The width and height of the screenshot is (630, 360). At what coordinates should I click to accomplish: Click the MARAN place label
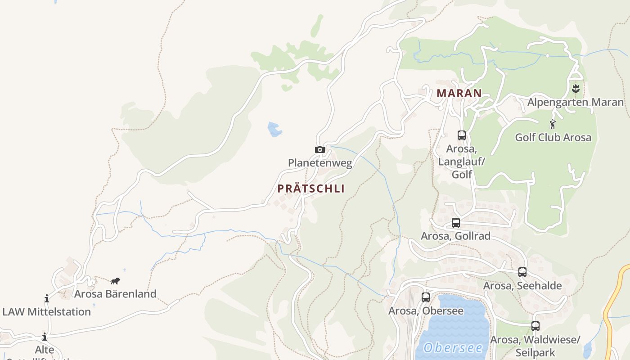pyautogui.click(x=459, y=94)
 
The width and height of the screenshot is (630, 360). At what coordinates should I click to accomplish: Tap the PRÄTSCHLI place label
pyautogui.click(x=311, y=189)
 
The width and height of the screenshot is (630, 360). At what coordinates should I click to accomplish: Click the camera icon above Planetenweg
pyautogui.click(x=319, y=149)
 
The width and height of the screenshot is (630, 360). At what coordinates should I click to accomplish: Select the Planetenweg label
pyautogui.click(x=320, y=163)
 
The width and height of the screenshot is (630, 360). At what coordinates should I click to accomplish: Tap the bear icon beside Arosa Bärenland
pyautogui.click(x=115, y=281)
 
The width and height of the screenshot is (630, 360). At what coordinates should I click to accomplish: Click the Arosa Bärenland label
pyautogui.click(x=115, y=294)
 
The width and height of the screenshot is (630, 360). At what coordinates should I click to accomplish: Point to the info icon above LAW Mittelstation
pyautogui.click(x=46, y=298)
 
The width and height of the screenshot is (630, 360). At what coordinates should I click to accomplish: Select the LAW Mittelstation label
pyautogui.click(x=46, y=311)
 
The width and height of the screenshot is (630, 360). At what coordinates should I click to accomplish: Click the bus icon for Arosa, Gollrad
pyautogui.click(x=456, y=222)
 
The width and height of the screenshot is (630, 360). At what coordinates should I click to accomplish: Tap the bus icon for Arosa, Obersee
pyautogui.click(x=426, y=297)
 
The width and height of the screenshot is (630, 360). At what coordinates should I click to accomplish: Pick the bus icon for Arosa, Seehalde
pyautogui.click(x=522, y=272)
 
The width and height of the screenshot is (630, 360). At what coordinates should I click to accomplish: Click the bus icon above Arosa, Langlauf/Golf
pyautogui.click(x=461, y=135)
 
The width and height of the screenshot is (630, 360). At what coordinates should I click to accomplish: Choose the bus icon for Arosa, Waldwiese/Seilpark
pyautogui.click(x=535, y=326)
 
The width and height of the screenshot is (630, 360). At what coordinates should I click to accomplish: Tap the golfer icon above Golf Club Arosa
pyautogui.click(x=553, y=124)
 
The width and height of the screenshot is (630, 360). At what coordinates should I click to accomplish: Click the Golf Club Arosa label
pyautogui.click(x=553, y=137)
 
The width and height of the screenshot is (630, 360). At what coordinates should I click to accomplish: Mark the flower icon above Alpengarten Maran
pyautogui.click(x=575, y=89)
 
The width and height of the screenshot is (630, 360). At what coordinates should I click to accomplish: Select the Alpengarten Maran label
pyautogui.click(x=576, y=102)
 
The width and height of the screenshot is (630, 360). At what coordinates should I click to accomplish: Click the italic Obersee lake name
pyautogui.click(x=453, y=347)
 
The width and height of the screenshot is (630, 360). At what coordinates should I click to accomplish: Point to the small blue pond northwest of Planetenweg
pyautogui.click(x=274, y=129)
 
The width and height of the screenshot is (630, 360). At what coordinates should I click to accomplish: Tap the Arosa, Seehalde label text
pyautogui.click(x=522, y=286)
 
